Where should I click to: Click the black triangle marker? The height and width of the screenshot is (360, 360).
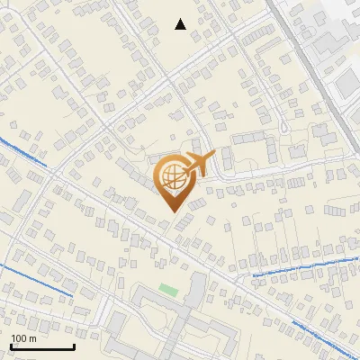180,24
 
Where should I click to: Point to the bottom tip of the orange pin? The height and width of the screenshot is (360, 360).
171,211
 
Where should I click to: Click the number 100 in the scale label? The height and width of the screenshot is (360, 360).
21,338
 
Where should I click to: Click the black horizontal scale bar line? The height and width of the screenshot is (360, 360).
41,346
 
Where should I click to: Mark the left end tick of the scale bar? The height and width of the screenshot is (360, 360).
11,345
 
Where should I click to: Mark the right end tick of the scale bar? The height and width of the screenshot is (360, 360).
74,345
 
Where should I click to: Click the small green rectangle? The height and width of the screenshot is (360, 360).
168,289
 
